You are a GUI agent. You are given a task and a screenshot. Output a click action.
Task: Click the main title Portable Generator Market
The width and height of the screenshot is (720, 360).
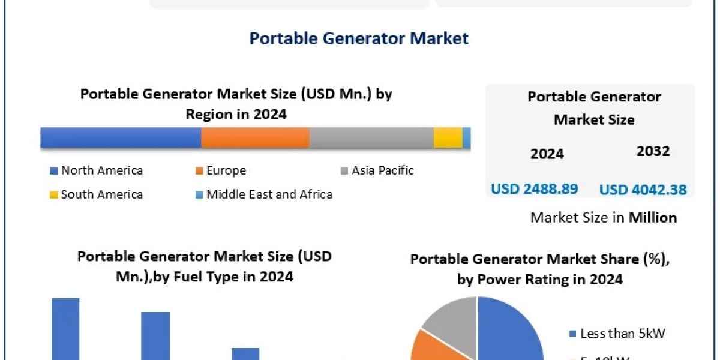coord(359,38)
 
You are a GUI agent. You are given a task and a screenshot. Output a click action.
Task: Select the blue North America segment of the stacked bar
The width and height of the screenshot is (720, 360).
coord(121,137)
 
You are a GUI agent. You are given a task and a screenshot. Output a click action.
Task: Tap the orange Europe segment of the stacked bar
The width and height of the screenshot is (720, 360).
coord(255,137)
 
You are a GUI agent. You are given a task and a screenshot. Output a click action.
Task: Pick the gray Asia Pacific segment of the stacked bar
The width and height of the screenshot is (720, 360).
coord(371,137)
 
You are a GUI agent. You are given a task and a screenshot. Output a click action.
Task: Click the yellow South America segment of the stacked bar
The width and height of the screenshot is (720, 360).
coord(448,137)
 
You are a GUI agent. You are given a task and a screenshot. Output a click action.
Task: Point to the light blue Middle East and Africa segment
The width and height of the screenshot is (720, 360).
coord(467,137)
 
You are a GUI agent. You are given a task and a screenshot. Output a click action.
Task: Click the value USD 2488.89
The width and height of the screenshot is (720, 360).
coord(534,189)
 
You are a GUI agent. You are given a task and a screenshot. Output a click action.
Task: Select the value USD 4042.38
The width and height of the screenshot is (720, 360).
coord(643,190)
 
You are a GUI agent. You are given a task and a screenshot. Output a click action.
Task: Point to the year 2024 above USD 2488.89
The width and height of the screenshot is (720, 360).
coord(547,154)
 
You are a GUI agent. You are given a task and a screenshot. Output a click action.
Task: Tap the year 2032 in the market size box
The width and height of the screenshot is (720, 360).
coord(653,151)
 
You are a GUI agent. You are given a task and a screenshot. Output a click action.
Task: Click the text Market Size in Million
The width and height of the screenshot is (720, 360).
coord(603,218)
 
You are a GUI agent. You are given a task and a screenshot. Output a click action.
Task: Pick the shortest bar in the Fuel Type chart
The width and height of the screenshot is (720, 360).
coord(245,353)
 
